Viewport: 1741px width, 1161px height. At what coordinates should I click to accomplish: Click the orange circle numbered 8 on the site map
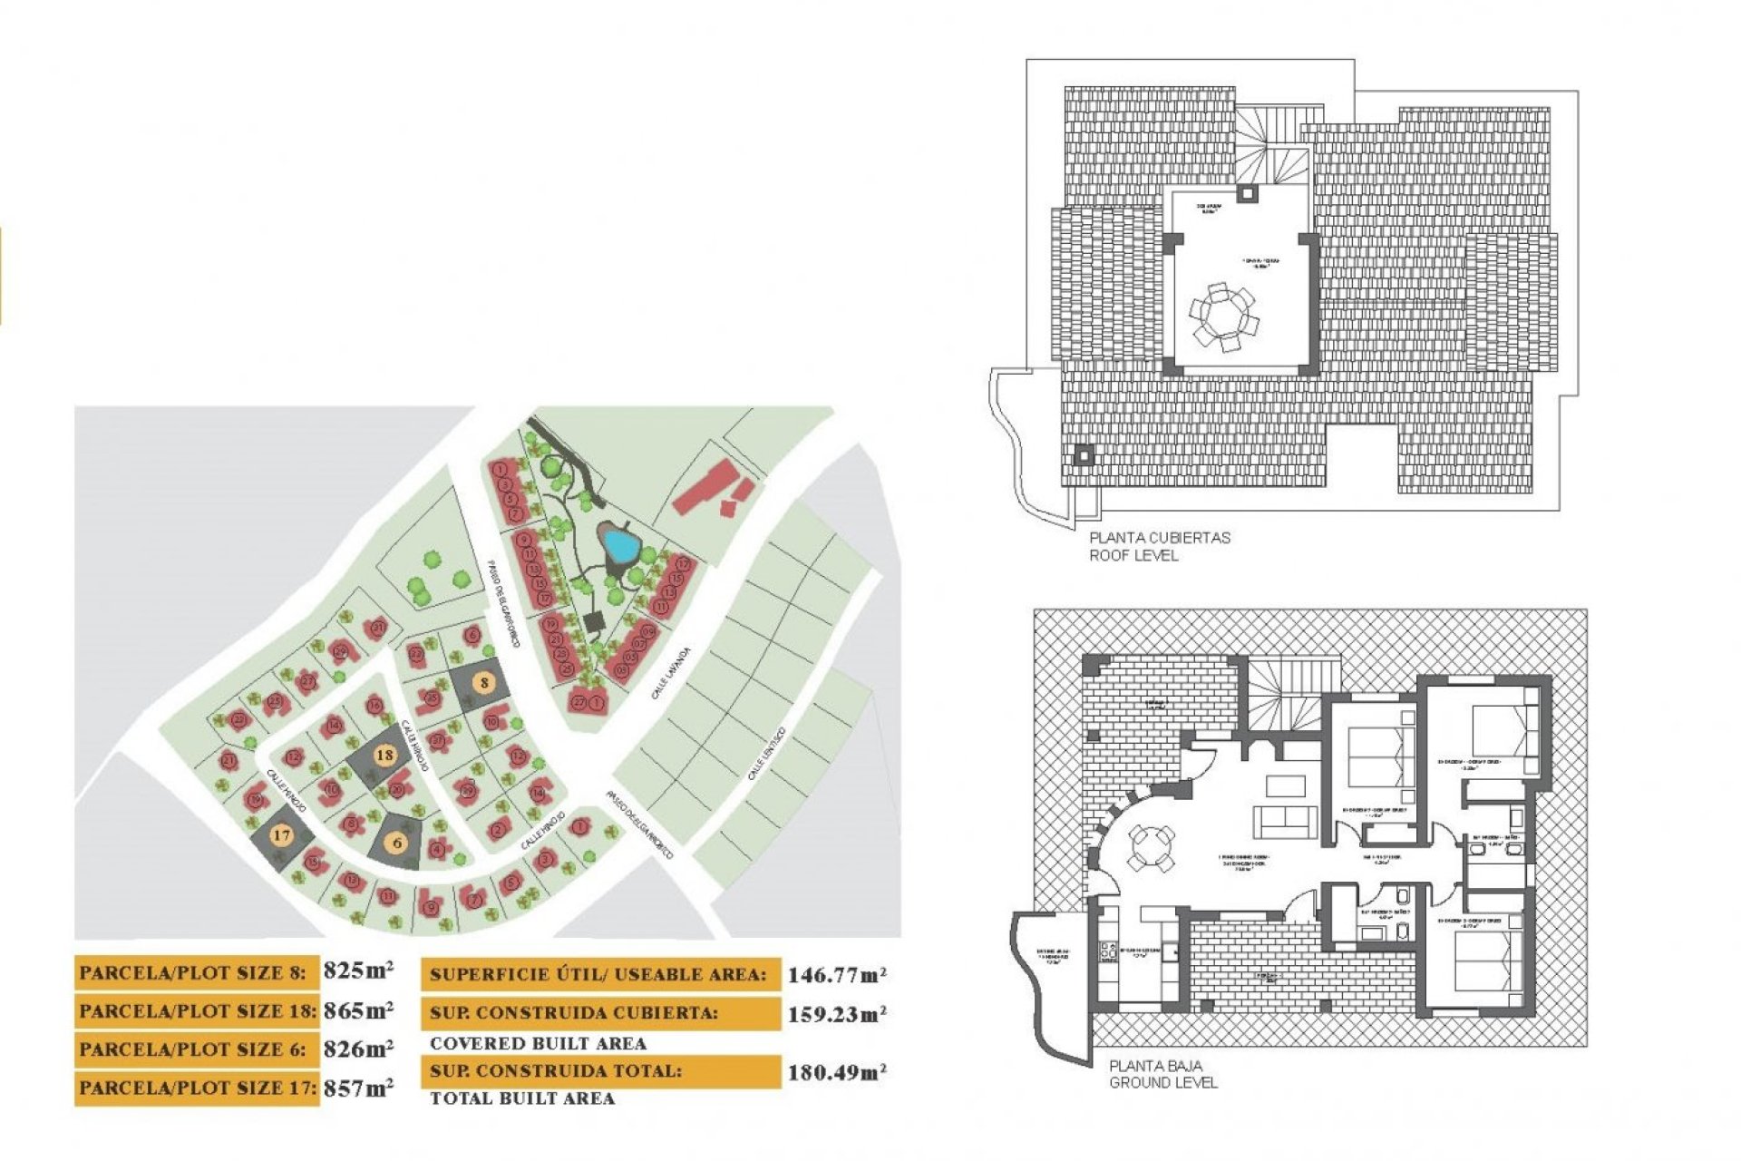[485, 683]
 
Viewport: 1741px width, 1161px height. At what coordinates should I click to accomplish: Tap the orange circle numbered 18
[384, 755]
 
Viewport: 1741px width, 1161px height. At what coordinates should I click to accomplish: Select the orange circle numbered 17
[281, 834]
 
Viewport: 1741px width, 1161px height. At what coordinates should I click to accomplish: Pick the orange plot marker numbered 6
[397, 843]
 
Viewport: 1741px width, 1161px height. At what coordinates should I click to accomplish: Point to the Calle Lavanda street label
[670, 672]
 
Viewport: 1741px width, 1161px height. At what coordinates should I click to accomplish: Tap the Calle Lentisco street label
[765, 754]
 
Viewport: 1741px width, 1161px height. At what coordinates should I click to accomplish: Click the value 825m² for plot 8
[358, 971]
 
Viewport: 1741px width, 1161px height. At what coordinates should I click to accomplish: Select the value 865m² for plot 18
[358, 1010]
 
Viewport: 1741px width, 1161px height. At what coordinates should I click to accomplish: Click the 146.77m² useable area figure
[836, 975]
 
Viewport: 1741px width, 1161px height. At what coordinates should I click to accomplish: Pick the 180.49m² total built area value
[836, 1072]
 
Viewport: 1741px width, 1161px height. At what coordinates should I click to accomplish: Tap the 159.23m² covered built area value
[836, 1014]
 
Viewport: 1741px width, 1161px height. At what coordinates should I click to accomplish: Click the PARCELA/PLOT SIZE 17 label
[197, 1088]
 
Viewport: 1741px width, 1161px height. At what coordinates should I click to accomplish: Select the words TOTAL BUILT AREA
[522, 1098]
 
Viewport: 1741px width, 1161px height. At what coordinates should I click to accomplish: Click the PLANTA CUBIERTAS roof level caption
[1159, 538]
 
